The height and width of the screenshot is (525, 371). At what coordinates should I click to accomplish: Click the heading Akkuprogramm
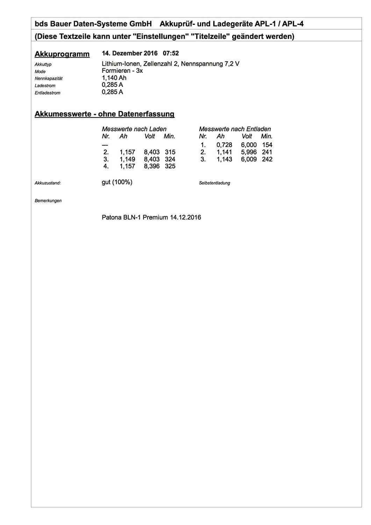[62, 54]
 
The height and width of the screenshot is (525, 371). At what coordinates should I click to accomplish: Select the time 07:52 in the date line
[171, 53]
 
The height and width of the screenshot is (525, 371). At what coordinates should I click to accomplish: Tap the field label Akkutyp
[43, 64]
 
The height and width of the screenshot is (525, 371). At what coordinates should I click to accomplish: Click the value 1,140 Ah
[114, 78]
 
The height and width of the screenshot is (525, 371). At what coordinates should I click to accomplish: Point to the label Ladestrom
[45, 86]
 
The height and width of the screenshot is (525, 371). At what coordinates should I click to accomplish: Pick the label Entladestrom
[48, 93]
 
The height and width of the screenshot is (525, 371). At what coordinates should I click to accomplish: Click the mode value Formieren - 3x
[122, 71]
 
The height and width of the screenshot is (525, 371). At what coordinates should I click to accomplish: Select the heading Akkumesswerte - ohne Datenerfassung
[104, 114]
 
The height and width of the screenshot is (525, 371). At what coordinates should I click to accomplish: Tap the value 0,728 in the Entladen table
[224, 145]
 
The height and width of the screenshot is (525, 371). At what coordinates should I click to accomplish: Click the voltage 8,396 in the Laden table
[151, 166]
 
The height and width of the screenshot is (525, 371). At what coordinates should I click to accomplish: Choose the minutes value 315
[170, 152]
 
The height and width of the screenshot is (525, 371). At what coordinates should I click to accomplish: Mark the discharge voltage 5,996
[249, 152]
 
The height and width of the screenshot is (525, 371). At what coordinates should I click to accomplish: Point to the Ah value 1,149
[127, 159]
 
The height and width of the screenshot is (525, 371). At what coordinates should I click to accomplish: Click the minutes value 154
[267, 145]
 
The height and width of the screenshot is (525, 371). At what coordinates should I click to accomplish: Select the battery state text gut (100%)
[117, 182]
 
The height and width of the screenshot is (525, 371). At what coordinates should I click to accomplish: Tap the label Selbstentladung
[214, 183]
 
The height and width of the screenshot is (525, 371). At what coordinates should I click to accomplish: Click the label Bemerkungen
[48, 201]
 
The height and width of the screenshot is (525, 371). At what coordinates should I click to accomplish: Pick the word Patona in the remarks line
[112, 217]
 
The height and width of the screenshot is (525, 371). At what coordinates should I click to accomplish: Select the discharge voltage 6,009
[249, 159]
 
